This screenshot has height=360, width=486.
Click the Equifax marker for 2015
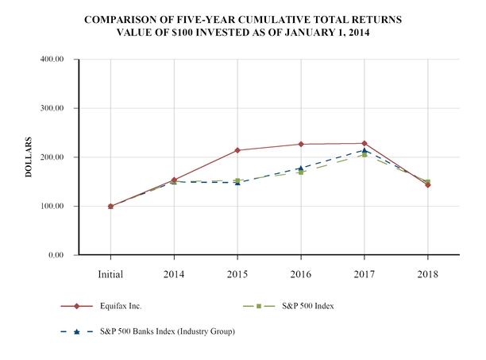tap(237, 150)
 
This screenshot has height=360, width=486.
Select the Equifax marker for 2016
tap(301, 144)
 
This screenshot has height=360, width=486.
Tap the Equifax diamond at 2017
tap(364, 143)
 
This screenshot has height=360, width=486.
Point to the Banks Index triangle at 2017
tap(364, 150)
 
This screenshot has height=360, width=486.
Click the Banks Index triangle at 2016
tap(301, 168)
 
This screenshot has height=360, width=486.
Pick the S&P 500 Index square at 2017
tap(364, 155)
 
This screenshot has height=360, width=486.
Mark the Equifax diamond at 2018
tap(428, 184)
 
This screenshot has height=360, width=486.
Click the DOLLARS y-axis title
tap(29, 157)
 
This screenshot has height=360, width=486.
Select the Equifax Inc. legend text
tap(119, 305)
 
